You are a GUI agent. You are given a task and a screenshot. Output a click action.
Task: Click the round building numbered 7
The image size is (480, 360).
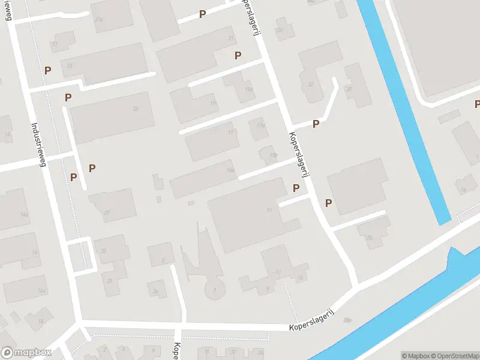tap(215, 290)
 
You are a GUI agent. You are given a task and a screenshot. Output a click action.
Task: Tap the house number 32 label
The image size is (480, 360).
tap(311, 85)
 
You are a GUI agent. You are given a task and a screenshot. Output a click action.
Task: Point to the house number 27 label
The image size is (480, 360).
tap(107, 212)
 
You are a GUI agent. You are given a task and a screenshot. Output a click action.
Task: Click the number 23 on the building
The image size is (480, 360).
tap(70, 66)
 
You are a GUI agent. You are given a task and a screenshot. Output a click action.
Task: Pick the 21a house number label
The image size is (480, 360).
tap(99, 20)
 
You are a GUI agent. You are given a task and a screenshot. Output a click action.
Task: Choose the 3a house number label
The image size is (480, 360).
tap(155, 292)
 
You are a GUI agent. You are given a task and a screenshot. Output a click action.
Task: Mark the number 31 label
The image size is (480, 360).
tap(110, 281)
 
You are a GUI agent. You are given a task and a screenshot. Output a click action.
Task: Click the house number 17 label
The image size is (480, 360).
tap(230, 133)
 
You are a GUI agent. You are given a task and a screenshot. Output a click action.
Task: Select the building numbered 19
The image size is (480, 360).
tap(213, 104)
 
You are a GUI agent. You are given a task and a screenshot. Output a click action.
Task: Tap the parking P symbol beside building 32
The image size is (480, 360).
tap(316, 124)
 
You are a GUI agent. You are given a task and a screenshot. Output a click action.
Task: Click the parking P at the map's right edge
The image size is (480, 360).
tap(477, 104)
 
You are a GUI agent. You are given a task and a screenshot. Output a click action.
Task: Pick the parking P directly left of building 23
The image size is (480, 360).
tap(47, 70)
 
